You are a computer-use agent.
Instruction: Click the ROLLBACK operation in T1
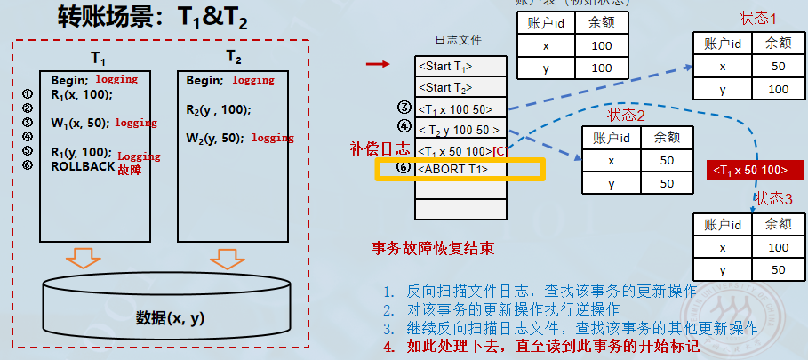pyautogui.click(x=84, y=166)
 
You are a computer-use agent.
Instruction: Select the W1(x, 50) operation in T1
pyautogui.click(x=80, y=123)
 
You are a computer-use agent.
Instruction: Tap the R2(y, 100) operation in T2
pyautogui.click(x=219, y=110)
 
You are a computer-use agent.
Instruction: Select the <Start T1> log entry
pyautogui.click(x=445, y=67)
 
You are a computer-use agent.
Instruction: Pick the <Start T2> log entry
pyautogui.click(x=445, y=88)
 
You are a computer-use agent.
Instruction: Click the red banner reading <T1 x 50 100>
pyautogui.click(x=748, y=170)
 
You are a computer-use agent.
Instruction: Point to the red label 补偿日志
pyautogui.click(x=380, y=148)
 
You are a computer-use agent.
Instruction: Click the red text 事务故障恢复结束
pyautogui.click(x=433, y=248)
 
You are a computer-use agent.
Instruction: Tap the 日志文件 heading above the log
pyautogui.click(x=458, y=41)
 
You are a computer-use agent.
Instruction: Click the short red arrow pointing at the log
pyautogui.click(x=379, y=64)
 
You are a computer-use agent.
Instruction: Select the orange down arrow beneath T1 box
pyautogui.click(x=84, y=259)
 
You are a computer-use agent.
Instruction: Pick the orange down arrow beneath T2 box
pyautogui.click(x=225, y=259)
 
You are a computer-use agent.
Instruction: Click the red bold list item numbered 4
pyautogui.click(x=542, y=347)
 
